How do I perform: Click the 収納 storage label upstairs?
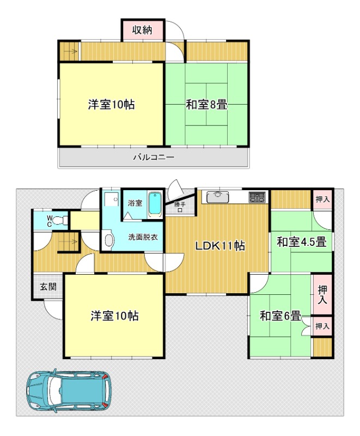pyautogui.click(x=142, y=30)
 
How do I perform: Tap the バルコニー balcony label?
pyautogui.click(x=154, y=158)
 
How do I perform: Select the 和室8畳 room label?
pyautogui.click(x=206, y=105)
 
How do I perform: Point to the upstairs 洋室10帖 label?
pyautogui.click(x=112, y=105)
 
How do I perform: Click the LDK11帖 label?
pyautogui.click(x=220, y=246)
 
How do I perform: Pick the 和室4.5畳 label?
pyautogui.click(x=301, y=241)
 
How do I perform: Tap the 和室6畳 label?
pyautogui.click(x=280, y=316)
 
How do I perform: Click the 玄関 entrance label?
pyautogui.click(x=48, y=287)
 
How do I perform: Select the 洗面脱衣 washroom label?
pyautogui.click(x=143, y=237)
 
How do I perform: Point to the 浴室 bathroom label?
pyautogui.click(x=135, y=203)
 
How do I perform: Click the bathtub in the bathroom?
pyautogui.click(x=155, y=204)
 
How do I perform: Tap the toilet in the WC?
pyautogui.click(x=60, y=221)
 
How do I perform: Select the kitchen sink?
pyautogui.click(x=218, y=197)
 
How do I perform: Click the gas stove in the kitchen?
pyautogui.click(x=257, y=197)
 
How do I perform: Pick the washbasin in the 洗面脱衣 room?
pyautogui.click(x=108, y=240)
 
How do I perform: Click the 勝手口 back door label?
pyautogui.click(x=180, y=207)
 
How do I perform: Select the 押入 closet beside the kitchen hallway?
pyautogui.click(x=322, y=199)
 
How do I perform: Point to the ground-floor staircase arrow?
pyautogui.click(x=70, y=242)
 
